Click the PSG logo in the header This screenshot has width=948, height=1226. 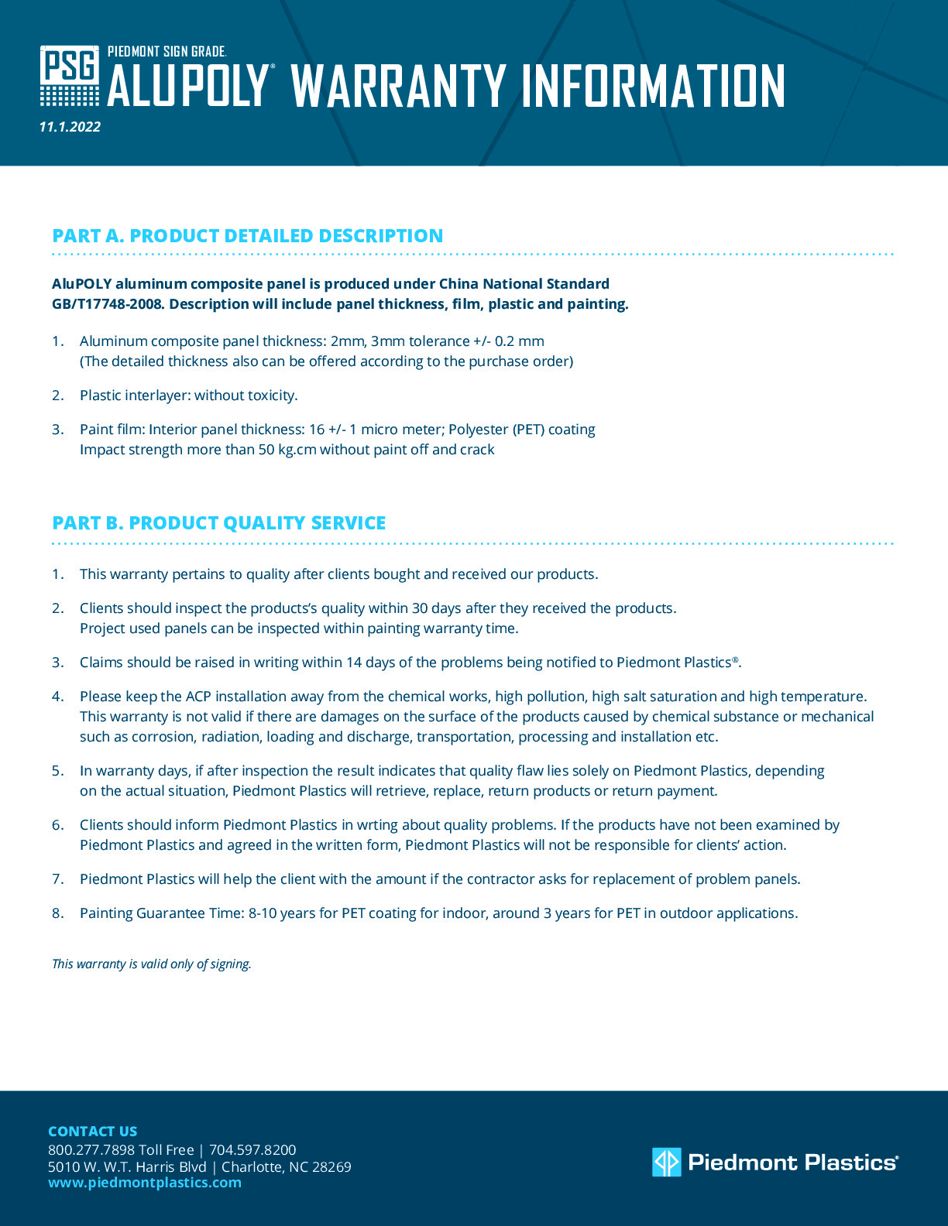pyautogui.click(x=70, y=75)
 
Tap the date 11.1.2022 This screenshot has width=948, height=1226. pyautogui.click(x=70, y=127)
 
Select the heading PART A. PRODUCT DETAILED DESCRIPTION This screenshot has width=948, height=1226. pyautogui.click(x=248, y=236)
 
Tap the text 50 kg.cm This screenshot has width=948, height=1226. pyautogui.click(x=287, y=450)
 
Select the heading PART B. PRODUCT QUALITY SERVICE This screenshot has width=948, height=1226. pyautogui.click(x=219, y=523)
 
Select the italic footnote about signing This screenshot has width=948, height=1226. pyautogui.click(x=152, y=964)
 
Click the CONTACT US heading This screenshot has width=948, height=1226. pyautogui.click(x=93, y=1131)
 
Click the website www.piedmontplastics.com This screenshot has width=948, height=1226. pyautogui.click(x=145, y=1183)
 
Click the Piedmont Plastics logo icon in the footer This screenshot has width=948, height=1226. pyautogui.click(x=666, y=1162)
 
